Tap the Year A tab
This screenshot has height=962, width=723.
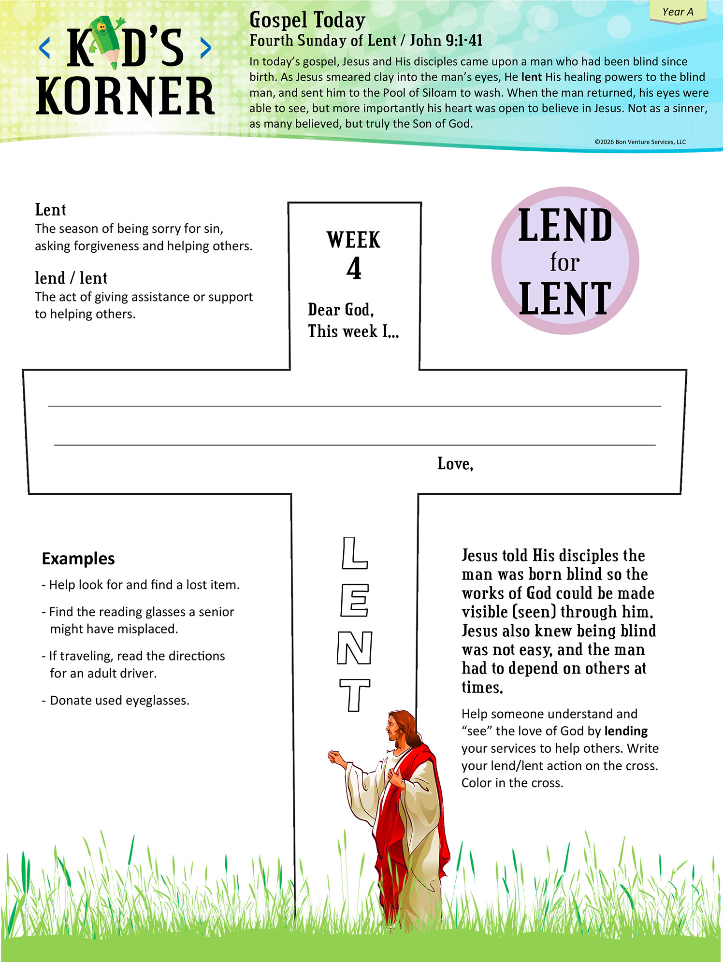pyautogui.click(x=678, y=12)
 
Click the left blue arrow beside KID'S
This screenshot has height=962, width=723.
pyautogui.click(x=44, y=48)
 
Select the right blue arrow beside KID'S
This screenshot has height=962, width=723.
pyautogui.click(x=205, y=48)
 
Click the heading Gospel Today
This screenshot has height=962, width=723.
pyautogui.click(x=307, y=20)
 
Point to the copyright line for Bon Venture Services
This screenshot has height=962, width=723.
pyautogui.click(x=640, y=142)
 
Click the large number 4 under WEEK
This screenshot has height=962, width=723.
pyautogui.click(x=354, y=269)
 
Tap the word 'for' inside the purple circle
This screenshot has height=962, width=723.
pyautogui.click(x=564, y=262)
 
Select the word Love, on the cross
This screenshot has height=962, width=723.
pyautogui.click(x=455, y=464)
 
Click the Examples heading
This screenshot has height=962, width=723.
pyautogui.click(x=78, y=559)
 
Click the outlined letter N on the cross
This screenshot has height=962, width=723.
pyautogui.click(x=354, y=648)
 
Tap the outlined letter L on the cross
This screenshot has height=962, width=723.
pyautogui.click(x=354, y=553)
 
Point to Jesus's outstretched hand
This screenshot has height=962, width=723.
pyautogui.click(x=335, y=757)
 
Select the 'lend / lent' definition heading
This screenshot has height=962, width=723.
pyautogui.click(x=71, y=278)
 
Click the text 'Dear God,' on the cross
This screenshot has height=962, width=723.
pyautogui.click(x=341, y=310)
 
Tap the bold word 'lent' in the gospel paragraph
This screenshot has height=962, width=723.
pyautogui.click(x=531, y=77)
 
